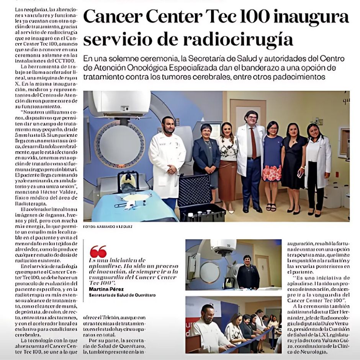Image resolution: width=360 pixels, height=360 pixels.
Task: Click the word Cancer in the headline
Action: tap(111, 16)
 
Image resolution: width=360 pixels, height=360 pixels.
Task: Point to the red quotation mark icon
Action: tap(98, 252)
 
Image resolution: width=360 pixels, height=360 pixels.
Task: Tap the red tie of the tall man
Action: tap(253, 144)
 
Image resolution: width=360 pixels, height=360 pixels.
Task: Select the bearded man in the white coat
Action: tap(167, 157)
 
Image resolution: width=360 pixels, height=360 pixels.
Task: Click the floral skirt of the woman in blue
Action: tap(272, 172)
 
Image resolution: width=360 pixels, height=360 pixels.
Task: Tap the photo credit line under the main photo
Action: tap(108, 227)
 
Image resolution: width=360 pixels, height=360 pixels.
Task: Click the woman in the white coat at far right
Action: tap(317, 165)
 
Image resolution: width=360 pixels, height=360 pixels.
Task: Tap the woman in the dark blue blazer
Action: tap(206, 157)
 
